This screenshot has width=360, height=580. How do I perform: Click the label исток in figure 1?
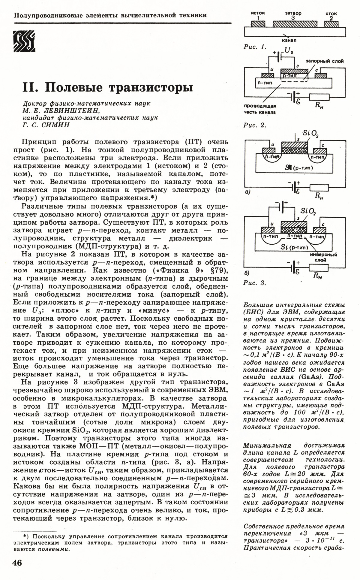coord(258,14)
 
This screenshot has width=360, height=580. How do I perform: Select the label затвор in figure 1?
coord(293,13)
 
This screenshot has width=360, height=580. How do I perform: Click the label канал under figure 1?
coord(289,40)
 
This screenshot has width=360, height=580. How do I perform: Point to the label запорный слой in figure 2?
coord(325,61)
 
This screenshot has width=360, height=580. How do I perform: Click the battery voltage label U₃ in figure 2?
coord(289,52)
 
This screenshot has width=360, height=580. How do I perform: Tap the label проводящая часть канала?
coord(260,109)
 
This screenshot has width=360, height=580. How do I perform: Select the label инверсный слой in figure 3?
coord(323,257)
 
